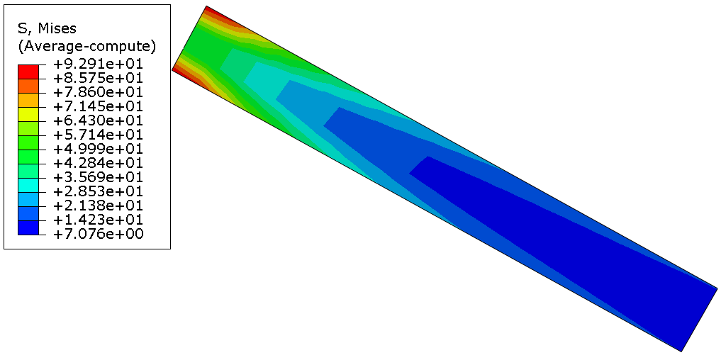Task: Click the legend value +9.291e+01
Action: pos(99,64)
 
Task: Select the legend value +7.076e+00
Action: pos(99,234)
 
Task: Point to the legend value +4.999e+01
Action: pos(99,149)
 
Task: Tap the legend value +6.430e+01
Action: pos(99,120)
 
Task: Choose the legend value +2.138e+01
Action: pos(99,206)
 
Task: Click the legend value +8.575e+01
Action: pos(99,79)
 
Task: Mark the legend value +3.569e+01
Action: pos(99,177)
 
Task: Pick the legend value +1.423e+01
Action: pos(99,220)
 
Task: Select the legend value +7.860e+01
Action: pos(99,93)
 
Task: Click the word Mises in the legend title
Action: pos(57,29)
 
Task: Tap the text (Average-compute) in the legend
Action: pos(86,47)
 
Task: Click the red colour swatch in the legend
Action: pos(28,71)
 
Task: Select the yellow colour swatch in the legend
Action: pos(28,113)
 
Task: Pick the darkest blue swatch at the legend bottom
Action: pos(28,227)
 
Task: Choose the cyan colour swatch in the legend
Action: pos(28,185)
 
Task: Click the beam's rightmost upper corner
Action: pos(717,288)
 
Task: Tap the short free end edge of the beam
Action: pos(699,319)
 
